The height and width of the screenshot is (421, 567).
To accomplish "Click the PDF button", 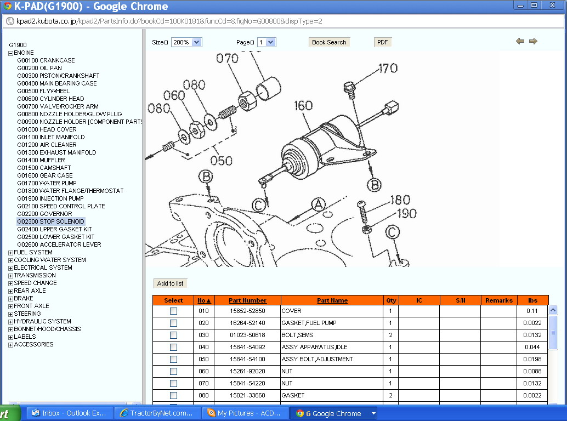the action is pyautogui.click(x=382, y=42).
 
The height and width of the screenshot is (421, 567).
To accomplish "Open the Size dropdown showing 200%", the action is pyautogui.click(x=186, y=42).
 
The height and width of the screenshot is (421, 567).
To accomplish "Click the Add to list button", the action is pyautogui.click(x=170, y=283).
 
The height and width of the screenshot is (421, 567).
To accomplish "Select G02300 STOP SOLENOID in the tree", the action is pyautogui.click(x=50, y=221).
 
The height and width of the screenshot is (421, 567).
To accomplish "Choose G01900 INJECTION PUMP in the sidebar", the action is pyautogui.click(x=50, y=198).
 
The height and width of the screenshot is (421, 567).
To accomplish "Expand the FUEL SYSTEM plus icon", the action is pyautogui.click(x=10, y=253).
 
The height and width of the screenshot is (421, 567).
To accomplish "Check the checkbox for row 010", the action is pyautogui.click(x=174, y=311).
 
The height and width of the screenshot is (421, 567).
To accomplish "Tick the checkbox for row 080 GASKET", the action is pyautogui.click(x=174, y=395).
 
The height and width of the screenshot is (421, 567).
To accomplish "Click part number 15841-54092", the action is pyautogui.click(x=247, y=347).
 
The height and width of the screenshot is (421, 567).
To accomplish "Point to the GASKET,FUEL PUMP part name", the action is pyautogui.click(x=309, y=323).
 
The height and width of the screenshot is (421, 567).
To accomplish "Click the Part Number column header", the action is pyautogui.click(x=247, y=300).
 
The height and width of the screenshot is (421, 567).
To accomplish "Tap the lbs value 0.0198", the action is pyautogui.click(x=532, y=359).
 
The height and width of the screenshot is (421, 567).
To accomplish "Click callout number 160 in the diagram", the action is pyautogui.click(x=303, y=105).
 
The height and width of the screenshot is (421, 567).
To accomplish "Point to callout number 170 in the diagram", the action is pyautogui.click(x=388, y=68).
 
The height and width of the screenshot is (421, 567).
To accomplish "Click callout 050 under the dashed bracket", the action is pyautogui.click(x=222, y=161).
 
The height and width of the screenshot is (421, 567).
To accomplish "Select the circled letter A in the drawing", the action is pyautogui.click(x=318, y=204).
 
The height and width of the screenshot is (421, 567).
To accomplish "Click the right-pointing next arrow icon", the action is pyautogui.click(x=533, y=41).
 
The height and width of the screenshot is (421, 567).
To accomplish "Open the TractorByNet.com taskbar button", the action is pyautogui.click(x=157, y=413).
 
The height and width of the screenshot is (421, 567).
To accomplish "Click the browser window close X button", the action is pyautogui.click(x=552, y=5).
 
